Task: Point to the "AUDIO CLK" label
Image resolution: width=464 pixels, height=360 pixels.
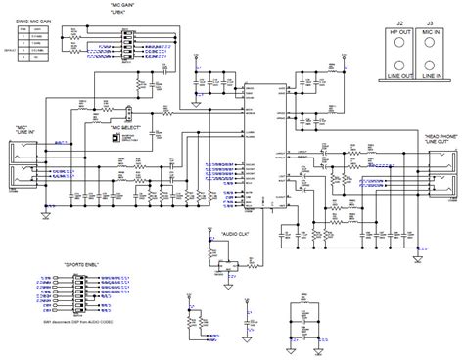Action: coord(224,209)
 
